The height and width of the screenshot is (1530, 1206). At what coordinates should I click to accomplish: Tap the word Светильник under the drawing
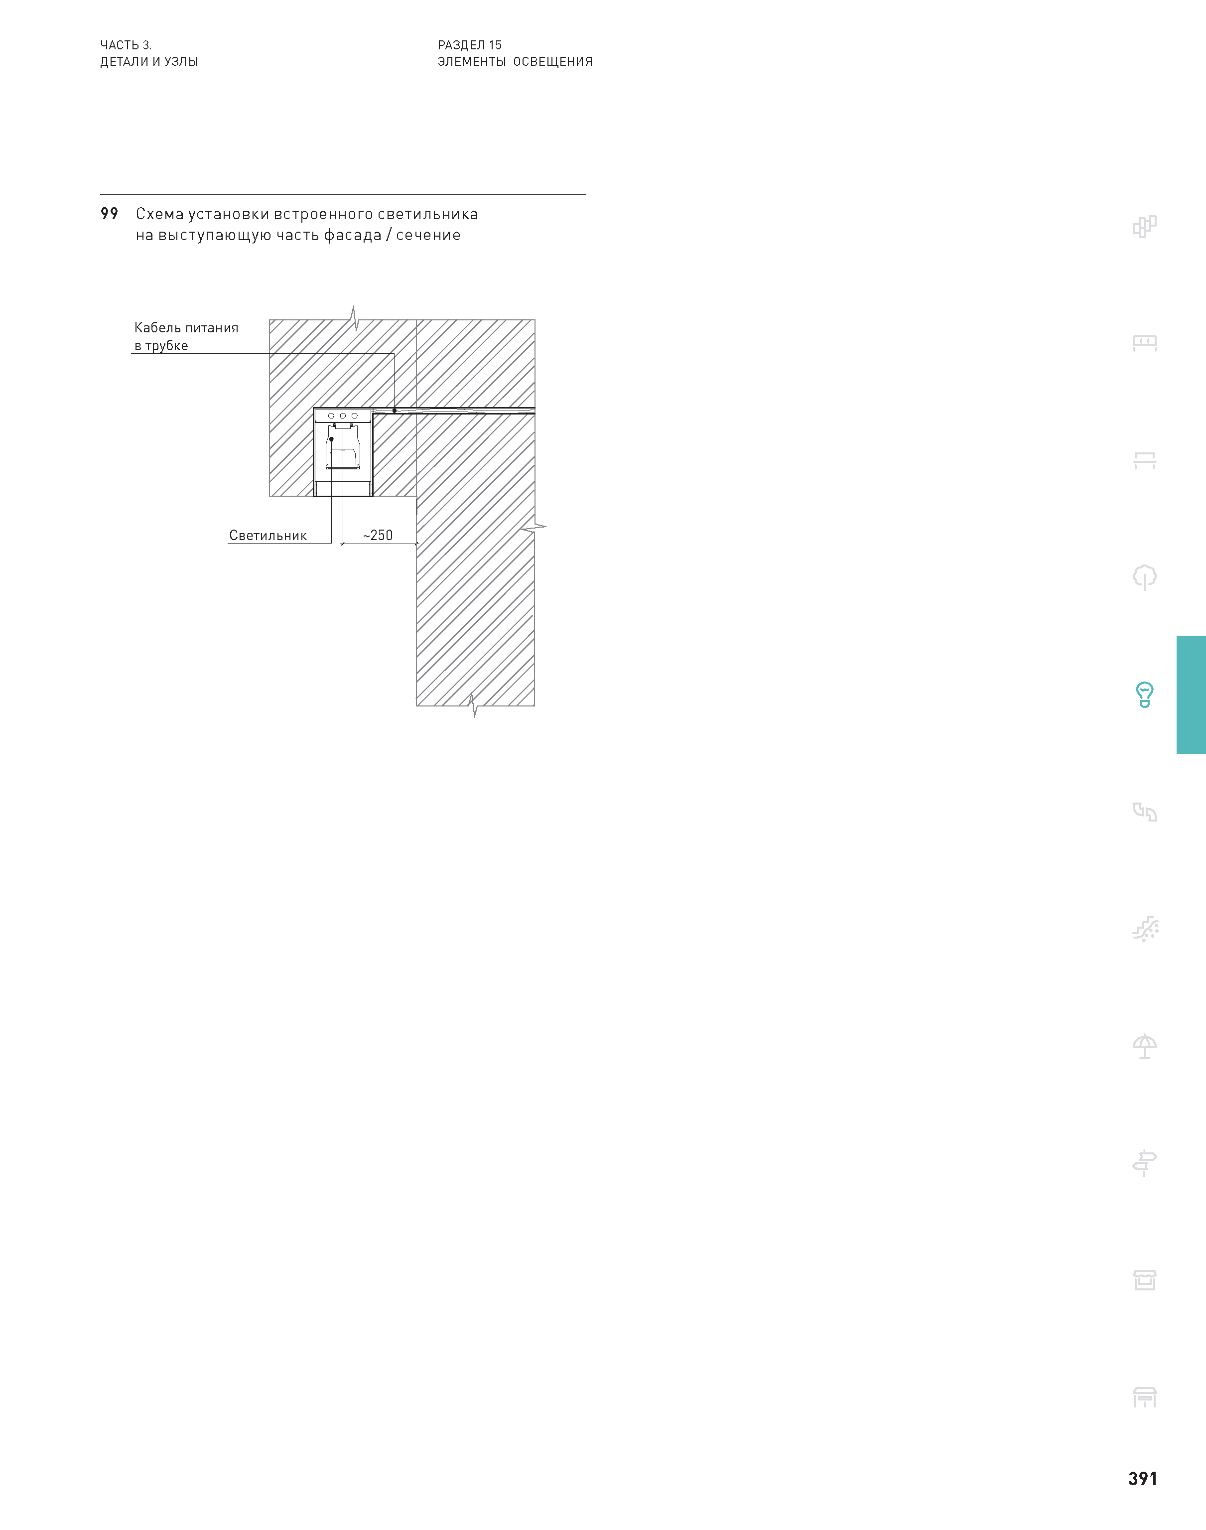268,535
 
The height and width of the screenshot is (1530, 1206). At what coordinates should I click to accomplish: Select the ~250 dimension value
378,535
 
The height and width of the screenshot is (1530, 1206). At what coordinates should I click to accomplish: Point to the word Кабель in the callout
157,328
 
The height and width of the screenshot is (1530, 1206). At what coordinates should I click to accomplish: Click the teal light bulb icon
1145,695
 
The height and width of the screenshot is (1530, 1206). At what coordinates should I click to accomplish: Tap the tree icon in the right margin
1145,577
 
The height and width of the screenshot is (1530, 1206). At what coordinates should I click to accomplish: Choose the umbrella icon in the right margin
1145,1046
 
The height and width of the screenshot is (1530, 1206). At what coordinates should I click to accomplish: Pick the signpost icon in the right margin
1145,1163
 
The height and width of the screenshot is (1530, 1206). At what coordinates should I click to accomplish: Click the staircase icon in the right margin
1145,929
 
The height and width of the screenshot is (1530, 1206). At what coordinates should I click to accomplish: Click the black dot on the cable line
395,410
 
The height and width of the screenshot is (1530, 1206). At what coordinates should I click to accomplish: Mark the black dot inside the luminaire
331,439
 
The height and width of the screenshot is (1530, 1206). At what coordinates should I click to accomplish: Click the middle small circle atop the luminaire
342,416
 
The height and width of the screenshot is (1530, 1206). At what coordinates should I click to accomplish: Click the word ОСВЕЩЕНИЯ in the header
553,61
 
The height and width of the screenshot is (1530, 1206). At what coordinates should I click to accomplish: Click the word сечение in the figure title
428,235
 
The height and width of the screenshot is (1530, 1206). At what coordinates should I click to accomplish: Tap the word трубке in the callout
167,346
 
